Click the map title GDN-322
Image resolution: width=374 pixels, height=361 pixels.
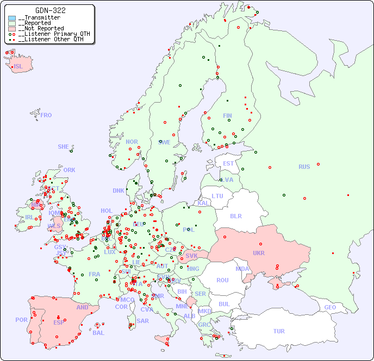[51, 10]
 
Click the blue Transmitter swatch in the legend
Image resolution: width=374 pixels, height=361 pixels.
[12, 18]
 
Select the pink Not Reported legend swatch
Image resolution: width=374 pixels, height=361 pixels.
[12, 29]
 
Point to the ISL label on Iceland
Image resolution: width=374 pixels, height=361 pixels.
[18, 67]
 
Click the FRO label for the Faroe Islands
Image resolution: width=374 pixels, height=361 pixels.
[46, 115]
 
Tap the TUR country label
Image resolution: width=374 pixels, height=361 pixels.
[279, 331]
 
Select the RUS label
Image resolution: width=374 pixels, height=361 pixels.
[304, 167]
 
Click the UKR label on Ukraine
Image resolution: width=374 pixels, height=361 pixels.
[259, 253]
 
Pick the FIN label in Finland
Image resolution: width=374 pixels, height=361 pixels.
[227, 116]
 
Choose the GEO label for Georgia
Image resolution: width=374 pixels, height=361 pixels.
[330, 307]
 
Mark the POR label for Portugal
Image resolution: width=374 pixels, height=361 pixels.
[21, 320]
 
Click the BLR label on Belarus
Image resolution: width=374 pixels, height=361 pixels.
[235, 216]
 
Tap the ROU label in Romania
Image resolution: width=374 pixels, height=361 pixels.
[222, 280]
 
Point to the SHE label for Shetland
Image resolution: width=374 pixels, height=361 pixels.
[63, 147]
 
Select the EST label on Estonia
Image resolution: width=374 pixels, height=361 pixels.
[228, 163]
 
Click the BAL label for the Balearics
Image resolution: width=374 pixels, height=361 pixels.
[98, 333]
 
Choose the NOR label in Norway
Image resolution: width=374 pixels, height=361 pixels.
[132, 142]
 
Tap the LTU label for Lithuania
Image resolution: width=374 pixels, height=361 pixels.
[217, 196]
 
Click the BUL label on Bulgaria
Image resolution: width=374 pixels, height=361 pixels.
[224, 304]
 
